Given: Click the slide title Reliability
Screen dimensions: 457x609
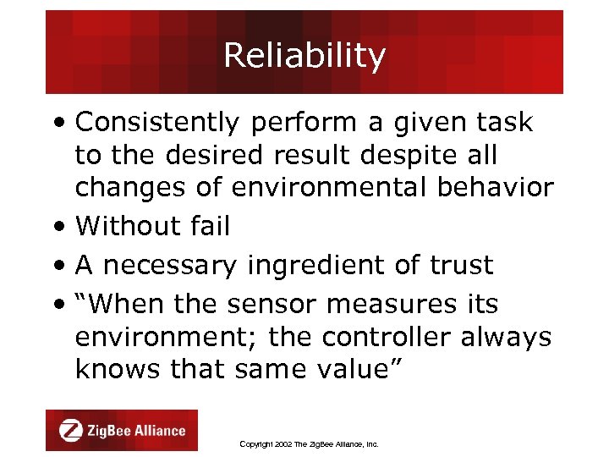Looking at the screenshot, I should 304,56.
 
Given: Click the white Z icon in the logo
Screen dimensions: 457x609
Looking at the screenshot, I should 71,431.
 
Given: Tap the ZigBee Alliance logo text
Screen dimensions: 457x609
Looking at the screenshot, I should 135,431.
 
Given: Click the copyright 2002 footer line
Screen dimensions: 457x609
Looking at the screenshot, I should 309,443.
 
